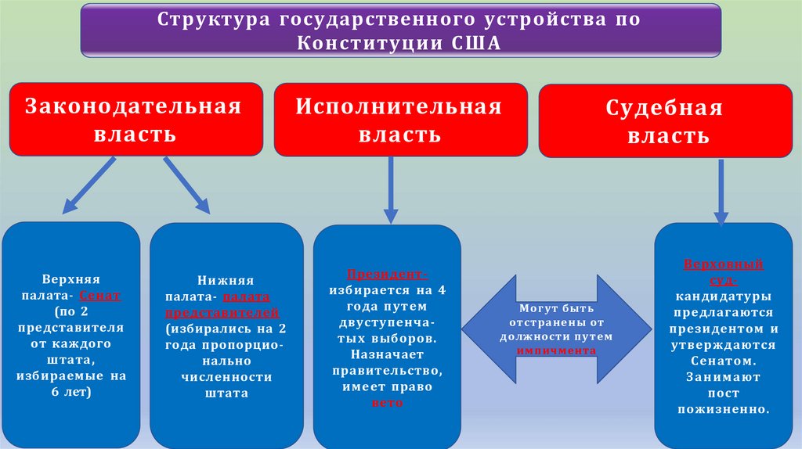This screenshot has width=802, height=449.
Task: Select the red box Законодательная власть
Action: (x=135, y=120)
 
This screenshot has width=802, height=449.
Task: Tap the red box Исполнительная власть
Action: (x=399, y=120)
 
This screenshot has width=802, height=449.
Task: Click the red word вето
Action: (x=388, y=402)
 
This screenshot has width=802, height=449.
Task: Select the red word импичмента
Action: (x=556, y=350)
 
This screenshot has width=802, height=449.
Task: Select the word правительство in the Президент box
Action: (x=387, y=372)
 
